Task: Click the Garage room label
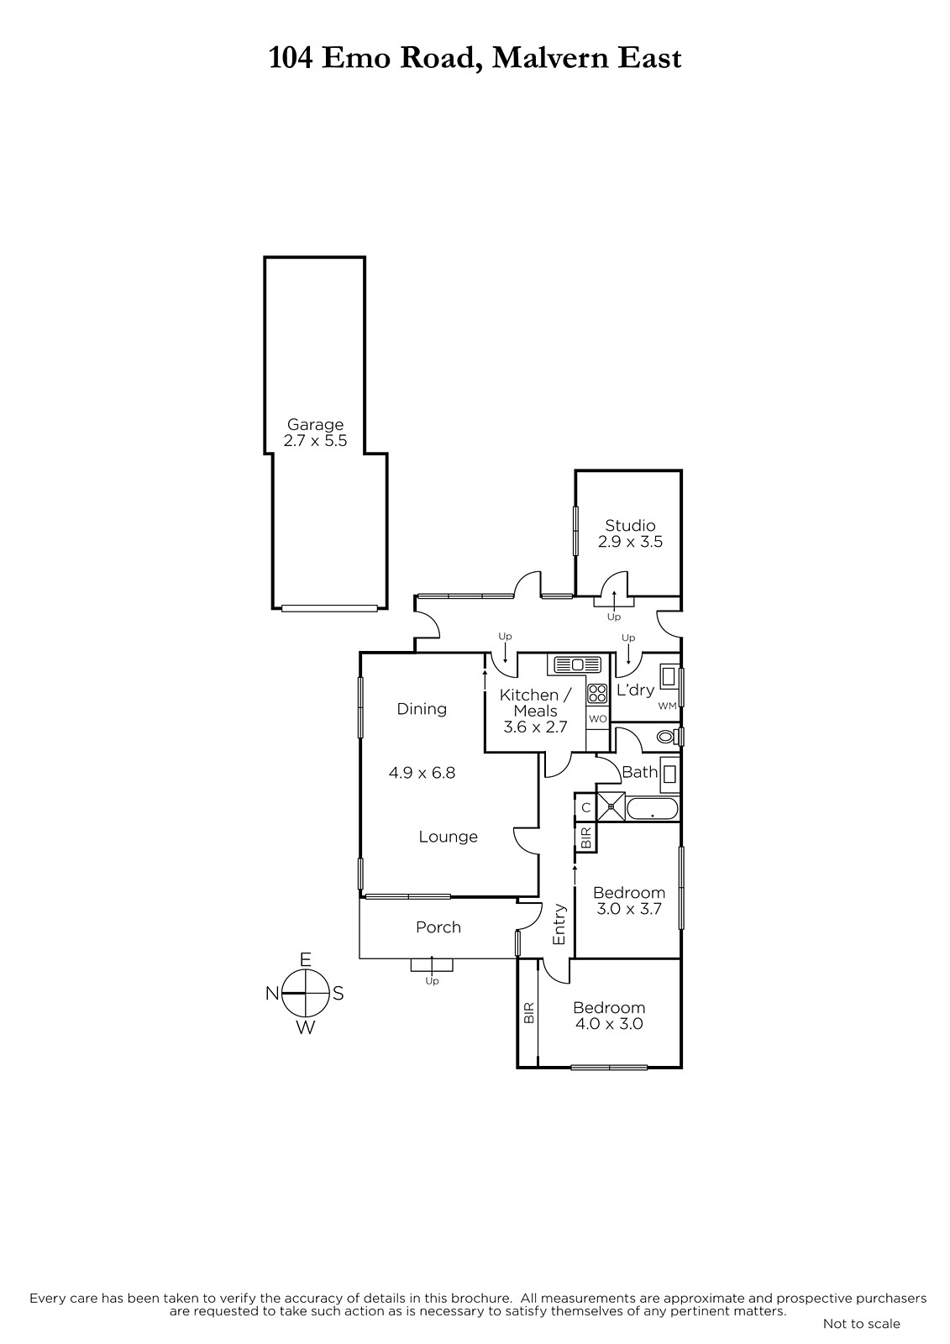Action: coord(315,425)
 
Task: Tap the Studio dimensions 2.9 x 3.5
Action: coord(630,542)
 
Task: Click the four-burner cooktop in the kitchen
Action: coord(597,694)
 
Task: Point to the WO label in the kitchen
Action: coord(598,719)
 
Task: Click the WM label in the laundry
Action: coord(667,706)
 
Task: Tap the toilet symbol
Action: coord(668,736)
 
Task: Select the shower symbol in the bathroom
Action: coord(611,807)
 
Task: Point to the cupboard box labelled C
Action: coord(585,807)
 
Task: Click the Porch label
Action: coord(438,927)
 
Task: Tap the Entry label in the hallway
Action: coord(559,925)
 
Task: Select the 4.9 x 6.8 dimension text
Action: coord(422,773)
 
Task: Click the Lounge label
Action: coord(449,837)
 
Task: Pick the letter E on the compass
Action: coord(306,960)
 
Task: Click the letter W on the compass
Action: coord(306,1028)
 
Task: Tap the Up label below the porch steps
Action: coord(432,981)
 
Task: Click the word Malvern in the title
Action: coord(551,59)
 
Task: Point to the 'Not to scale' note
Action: coord(862,1323)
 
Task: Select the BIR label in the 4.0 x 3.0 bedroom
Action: coord(528,1014)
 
